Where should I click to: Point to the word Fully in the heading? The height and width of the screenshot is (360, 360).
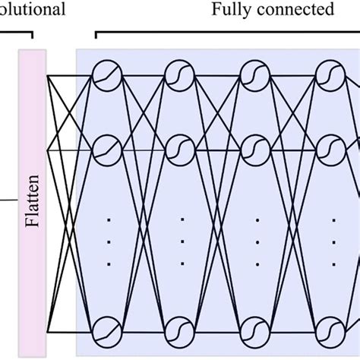click(x=232, y=10)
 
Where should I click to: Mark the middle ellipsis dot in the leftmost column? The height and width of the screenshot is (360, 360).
click(x=107, y=242)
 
